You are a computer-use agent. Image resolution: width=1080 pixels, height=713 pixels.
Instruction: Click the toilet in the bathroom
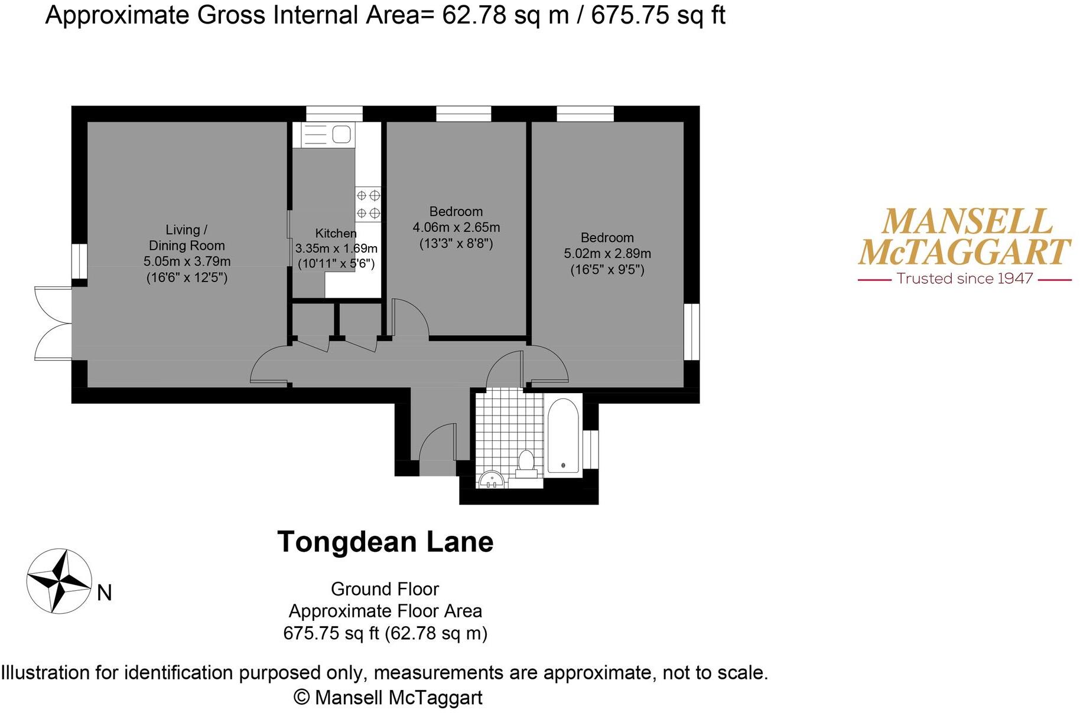[x=525, y=463]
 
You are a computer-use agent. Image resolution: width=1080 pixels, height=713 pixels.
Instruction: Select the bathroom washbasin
[x=491, y=480]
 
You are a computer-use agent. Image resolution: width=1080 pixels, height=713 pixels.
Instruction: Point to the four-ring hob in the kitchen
[x=368, y=204]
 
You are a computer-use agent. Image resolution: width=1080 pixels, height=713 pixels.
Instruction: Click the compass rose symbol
[x=59, y=581]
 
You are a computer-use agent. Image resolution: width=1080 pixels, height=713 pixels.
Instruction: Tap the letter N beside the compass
[x=105, y=593]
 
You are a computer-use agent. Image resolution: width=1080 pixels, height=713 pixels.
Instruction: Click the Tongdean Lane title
[x=385, y=542]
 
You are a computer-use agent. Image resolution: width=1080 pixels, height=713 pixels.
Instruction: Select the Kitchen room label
[x=336, y=233]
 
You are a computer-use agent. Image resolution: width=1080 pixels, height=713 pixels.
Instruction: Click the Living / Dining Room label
[x=187, y=238]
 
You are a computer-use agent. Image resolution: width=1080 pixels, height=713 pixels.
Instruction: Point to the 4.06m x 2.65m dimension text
[x=456, y=227]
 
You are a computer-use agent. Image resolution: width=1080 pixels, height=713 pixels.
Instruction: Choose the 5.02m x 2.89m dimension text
[x=607, y=254]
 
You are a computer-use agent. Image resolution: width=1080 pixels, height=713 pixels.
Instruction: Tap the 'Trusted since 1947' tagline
[x=964, y=279]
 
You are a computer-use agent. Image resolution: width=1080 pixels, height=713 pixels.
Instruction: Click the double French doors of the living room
[x=52, y=323]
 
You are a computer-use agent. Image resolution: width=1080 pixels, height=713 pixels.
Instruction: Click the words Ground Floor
[x=385, y=589]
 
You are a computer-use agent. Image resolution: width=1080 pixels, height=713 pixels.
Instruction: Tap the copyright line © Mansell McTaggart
[x=388, y=698]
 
